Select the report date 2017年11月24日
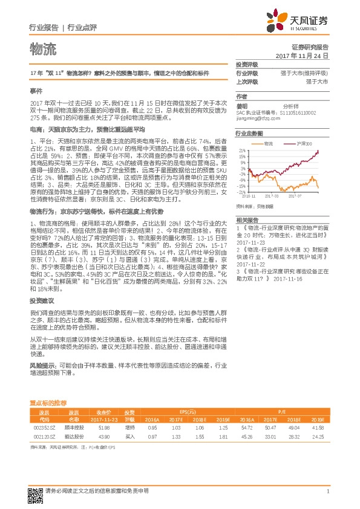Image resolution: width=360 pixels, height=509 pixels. (x=301, y=56)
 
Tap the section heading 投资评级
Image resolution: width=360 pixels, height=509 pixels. (x=247, y=65)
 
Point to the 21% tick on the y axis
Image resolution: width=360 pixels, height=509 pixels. (x=241, y=149)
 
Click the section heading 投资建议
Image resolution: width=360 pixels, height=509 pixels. (x=42, y=300)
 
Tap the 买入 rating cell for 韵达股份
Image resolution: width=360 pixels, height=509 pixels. (x=129, y=436)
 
